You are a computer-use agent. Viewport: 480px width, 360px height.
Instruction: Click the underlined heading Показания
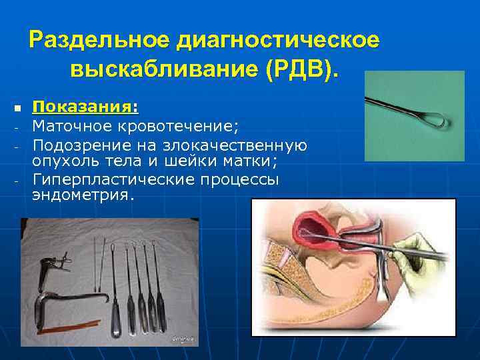82,107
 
